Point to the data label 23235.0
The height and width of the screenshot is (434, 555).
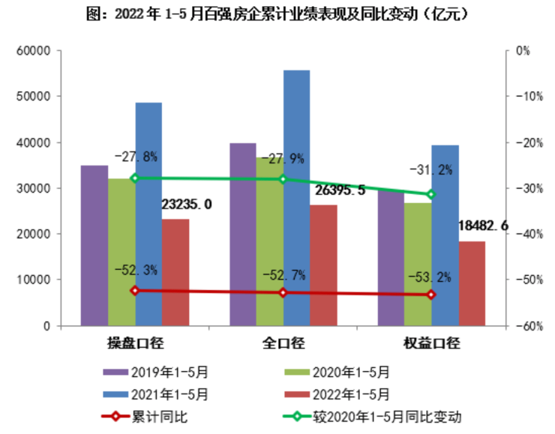click(187, 204)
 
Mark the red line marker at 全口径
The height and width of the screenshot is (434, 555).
click(283, 292)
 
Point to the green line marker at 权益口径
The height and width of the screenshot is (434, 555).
click(430, 194)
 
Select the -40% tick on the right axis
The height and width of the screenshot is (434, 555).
click(522, 234)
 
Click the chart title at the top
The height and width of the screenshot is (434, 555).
click(277, 14)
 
